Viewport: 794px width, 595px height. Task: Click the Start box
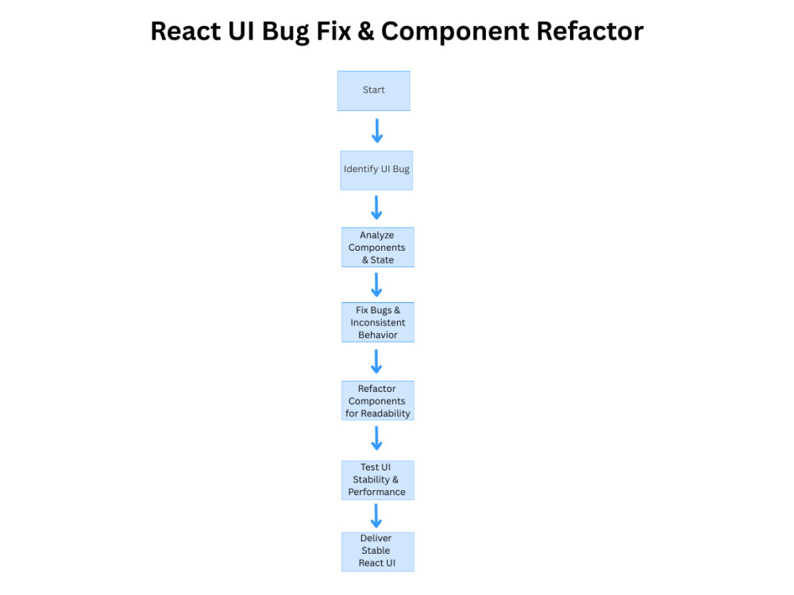(x=373, y=90)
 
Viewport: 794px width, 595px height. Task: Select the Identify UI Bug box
(x=376, y=170)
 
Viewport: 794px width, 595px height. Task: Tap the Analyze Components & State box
(x=377, y=248)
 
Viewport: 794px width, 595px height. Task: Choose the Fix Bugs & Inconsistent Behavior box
(x=377, y=322)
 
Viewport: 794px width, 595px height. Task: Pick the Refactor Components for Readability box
(x=377, y=401)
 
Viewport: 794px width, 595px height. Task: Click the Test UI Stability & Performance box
(x=377, y=480)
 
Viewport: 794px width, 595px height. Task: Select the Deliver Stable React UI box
(x=376, y=551)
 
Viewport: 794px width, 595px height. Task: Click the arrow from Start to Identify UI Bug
(x=377, y=131)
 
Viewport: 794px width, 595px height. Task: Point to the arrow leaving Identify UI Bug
(x=377, y=208)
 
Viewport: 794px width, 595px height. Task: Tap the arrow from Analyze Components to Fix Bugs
(x=377, y=284)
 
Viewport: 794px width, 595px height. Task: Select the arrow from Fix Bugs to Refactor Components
(x=377, y=361)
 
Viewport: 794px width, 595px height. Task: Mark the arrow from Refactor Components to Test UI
(x=377, y=438)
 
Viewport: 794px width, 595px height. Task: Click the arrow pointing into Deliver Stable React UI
(x=377, y=515)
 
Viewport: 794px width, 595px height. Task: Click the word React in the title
(x=187, y=31)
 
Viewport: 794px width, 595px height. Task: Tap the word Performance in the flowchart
(x=377, y=492)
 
